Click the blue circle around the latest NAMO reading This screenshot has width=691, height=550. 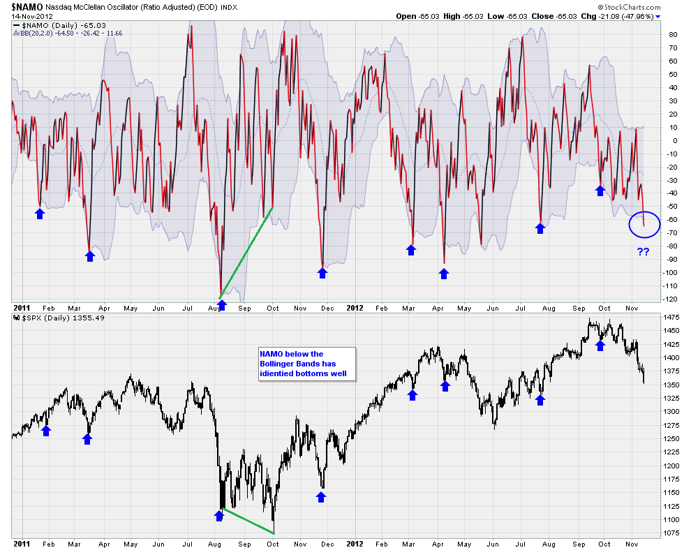644,224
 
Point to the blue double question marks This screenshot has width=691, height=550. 643,252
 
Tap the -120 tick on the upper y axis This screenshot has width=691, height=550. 673,299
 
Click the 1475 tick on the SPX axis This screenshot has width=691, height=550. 673,317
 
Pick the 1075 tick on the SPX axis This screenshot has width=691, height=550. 673,533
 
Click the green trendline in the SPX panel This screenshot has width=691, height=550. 248,522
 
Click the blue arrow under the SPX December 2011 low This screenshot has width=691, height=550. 321,496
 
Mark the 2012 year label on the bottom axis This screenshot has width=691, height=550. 355,542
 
